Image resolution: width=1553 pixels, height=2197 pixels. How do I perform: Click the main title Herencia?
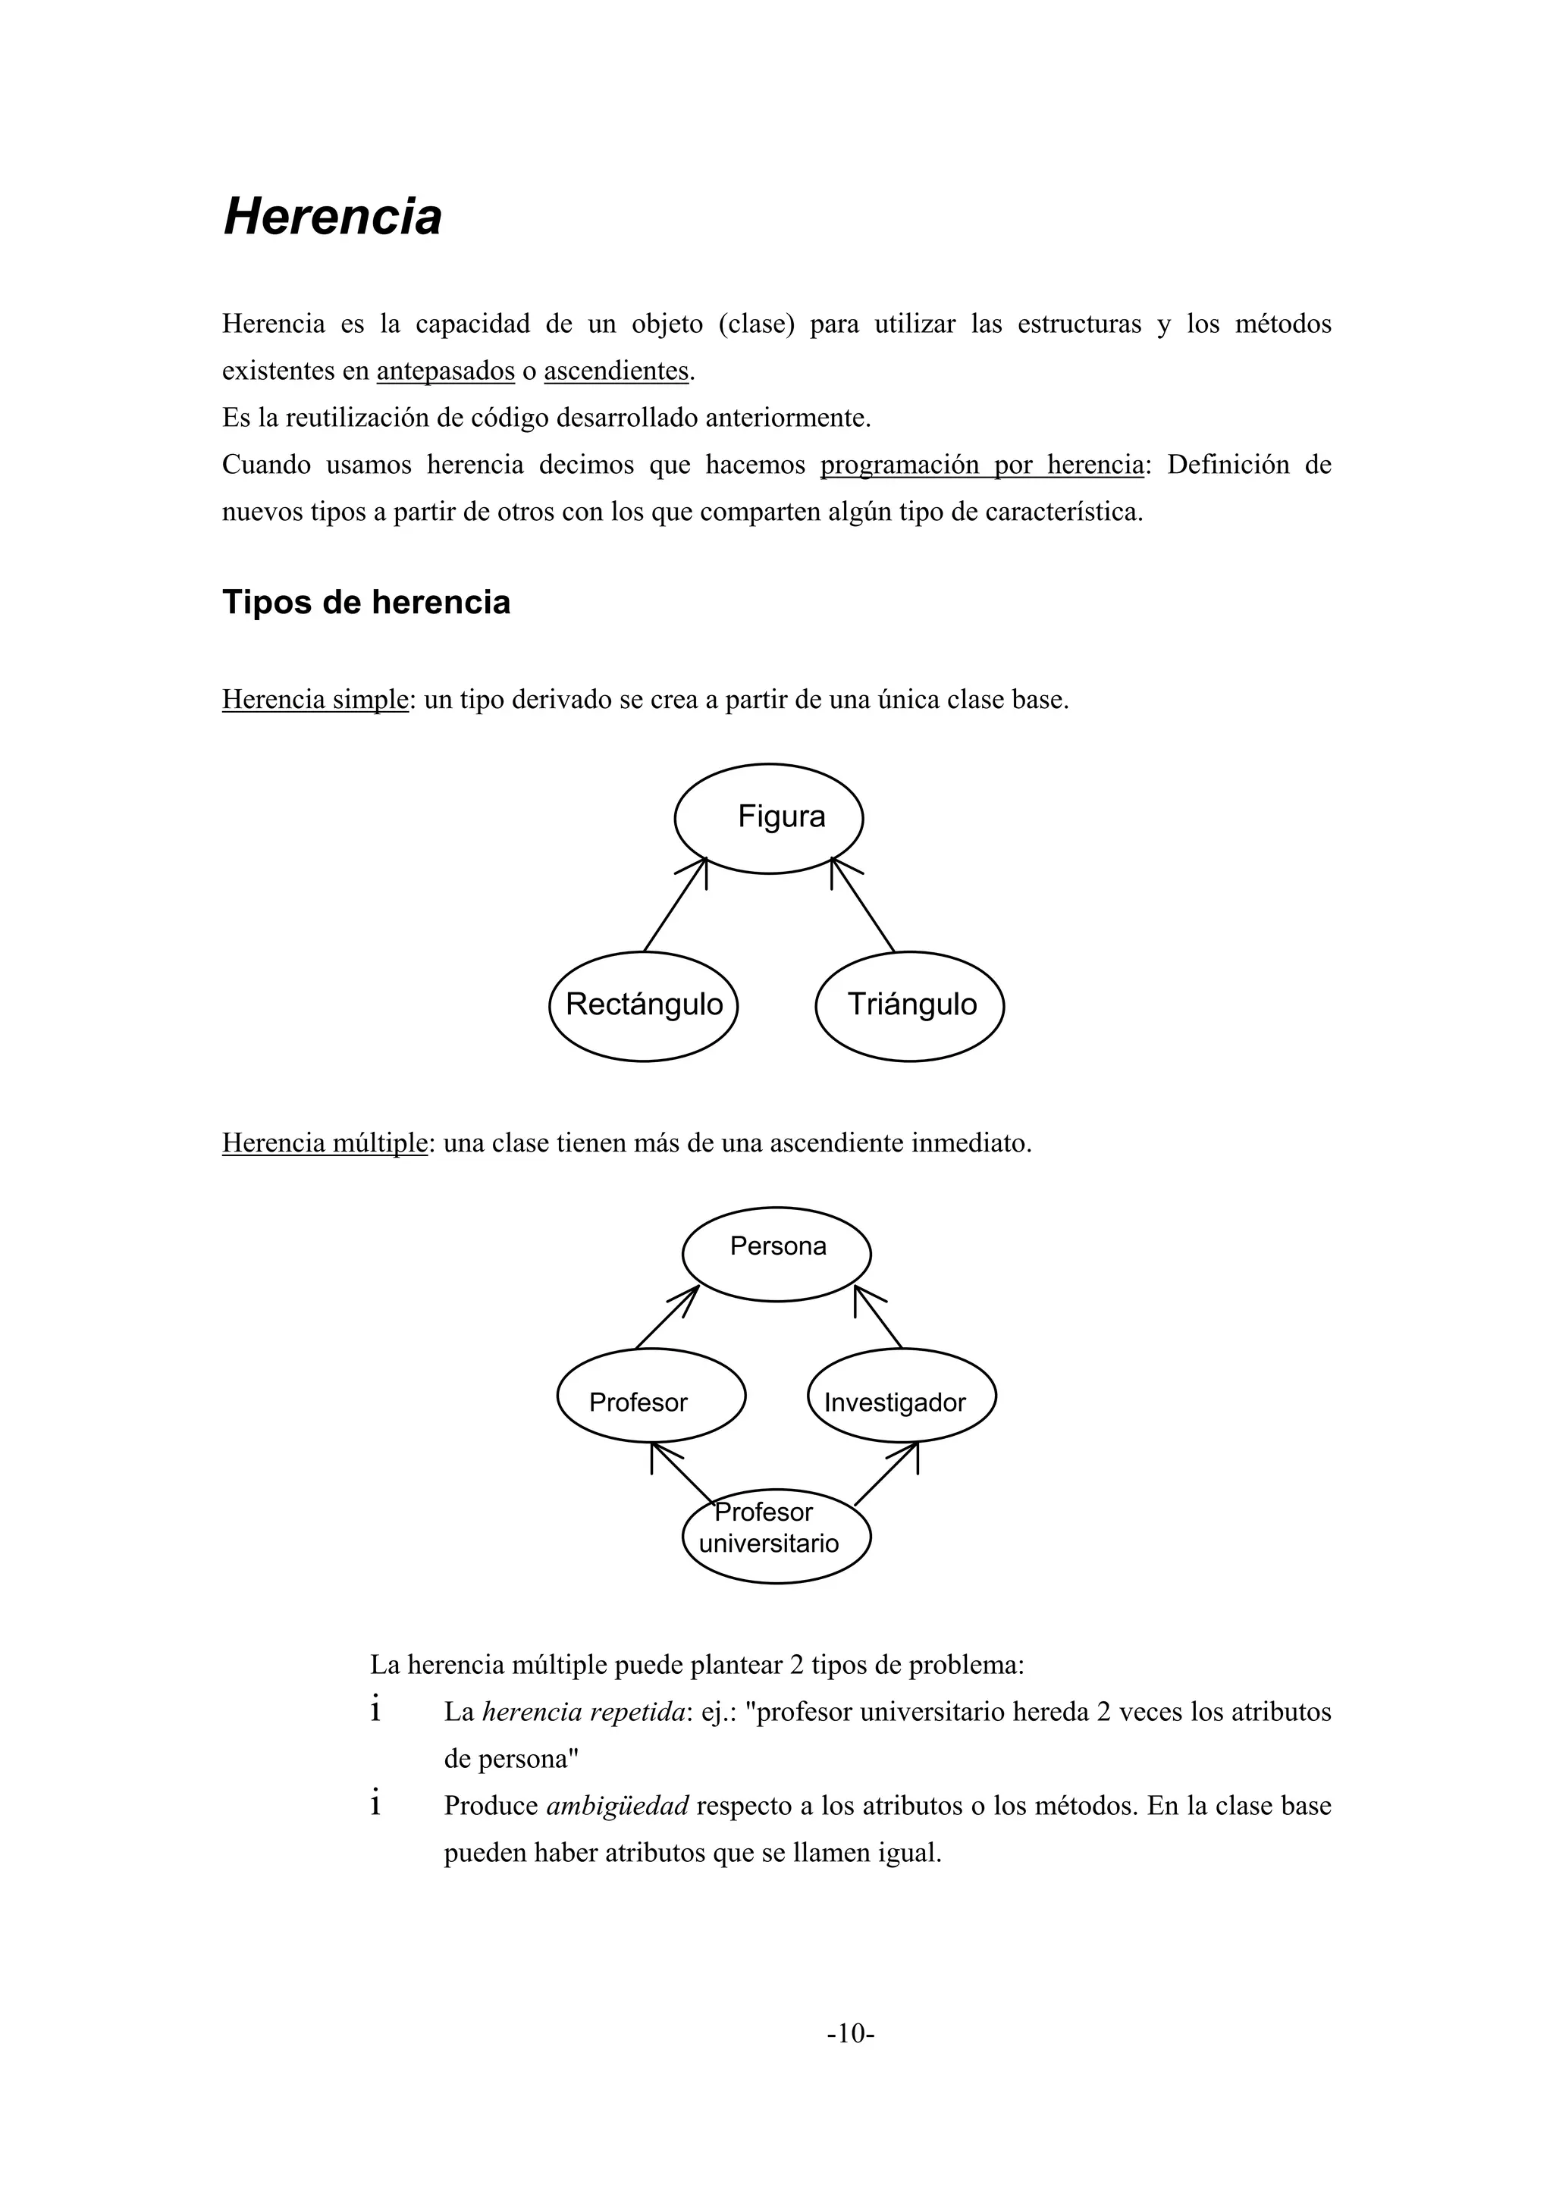(332, 216)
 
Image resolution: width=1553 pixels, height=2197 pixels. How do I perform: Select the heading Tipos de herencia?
(366, 603)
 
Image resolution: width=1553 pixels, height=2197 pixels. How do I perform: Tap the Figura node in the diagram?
(768, 818)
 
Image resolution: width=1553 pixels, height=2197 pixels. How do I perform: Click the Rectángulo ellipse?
(643, 1006)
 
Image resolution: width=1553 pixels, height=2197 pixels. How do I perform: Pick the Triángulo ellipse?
(909, 1006)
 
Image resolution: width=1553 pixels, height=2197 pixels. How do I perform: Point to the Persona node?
(776, 1253)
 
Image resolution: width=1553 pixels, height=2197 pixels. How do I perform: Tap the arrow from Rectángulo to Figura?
(675, 904)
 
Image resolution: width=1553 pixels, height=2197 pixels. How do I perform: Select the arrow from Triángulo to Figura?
(863, 904)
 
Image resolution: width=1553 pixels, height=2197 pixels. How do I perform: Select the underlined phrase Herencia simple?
(315, 700)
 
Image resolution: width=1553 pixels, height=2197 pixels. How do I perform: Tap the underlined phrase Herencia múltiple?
(325, 1142)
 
